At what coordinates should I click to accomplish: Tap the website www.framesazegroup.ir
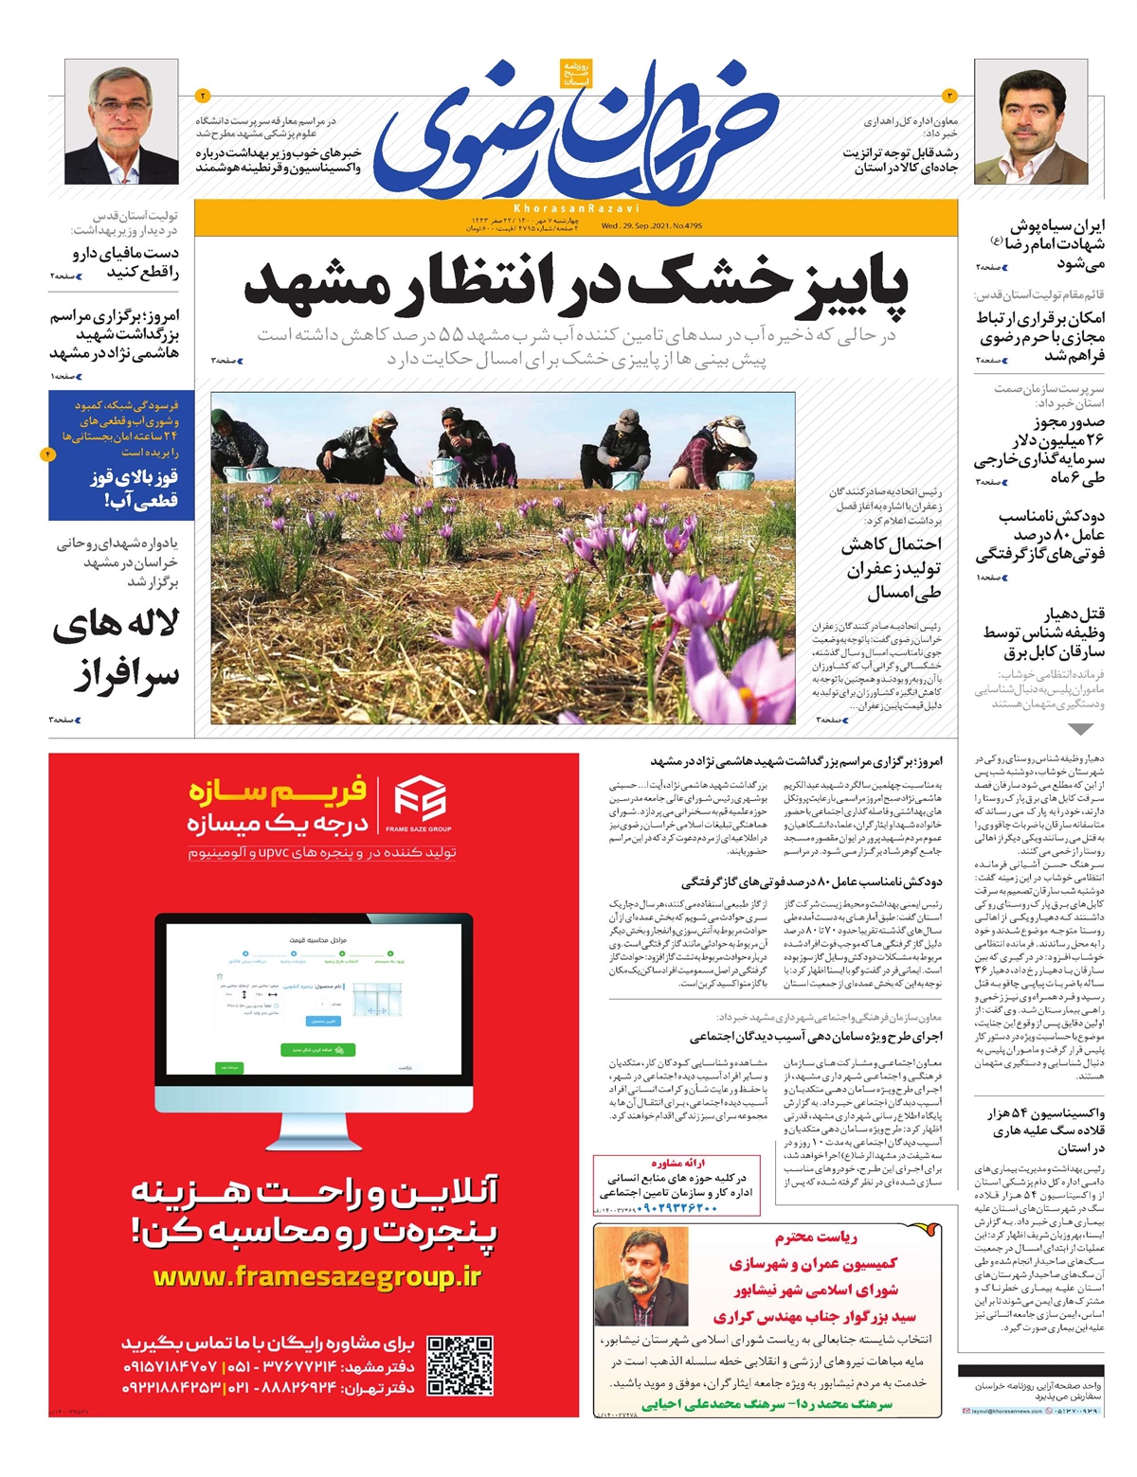point(317,1277)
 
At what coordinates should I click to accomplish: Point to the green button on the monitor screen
point(317,1049)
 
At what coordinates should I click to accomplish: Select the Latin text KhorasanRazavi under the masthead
point(576,207)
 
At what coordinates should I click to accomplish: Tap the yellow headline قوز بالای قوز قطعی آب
point(134,489)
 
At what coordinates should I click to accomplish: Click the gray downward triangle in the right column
point(1080,729)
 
